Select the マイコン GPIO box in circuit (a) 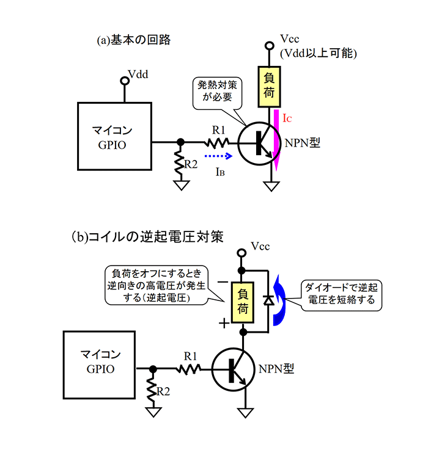point(114,136)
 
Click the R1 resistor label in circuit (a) point(219,129)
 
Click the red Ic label point(287,115)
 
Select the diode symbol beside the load point(267,300)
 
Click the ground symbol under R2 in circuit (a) point(180,184)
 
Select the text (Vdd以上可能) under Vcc point(318,54)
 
